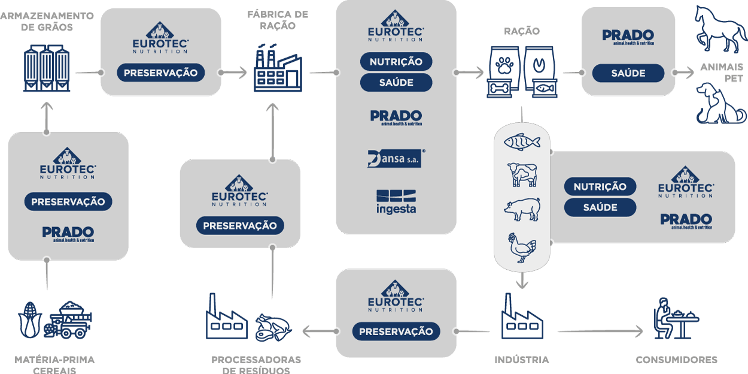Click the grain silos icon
point(47,68)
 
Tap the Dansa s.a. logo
point(396,158)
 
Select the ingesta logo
point(396,202)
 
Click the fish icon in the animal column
point(522,141)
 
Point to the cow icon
point(522,174)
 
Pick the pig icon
point(522,209)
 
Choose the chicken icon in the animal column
point(522,248)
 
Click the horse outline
point(720,29)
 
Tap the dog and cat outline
point(721,103)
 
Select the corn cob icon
point(30,320)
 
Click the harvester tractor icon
point(68,320)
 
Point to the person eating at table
point(676,318)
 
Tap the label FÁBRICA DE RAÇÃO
point(278,20)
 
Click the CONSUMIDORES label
point(677,360)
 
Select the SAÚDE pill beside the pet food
point(628,73)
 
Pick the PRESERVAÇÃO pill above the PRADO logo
point(68,201)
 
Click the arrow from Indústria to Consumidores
point(600,331)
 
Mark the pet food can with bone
point(499,89)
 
